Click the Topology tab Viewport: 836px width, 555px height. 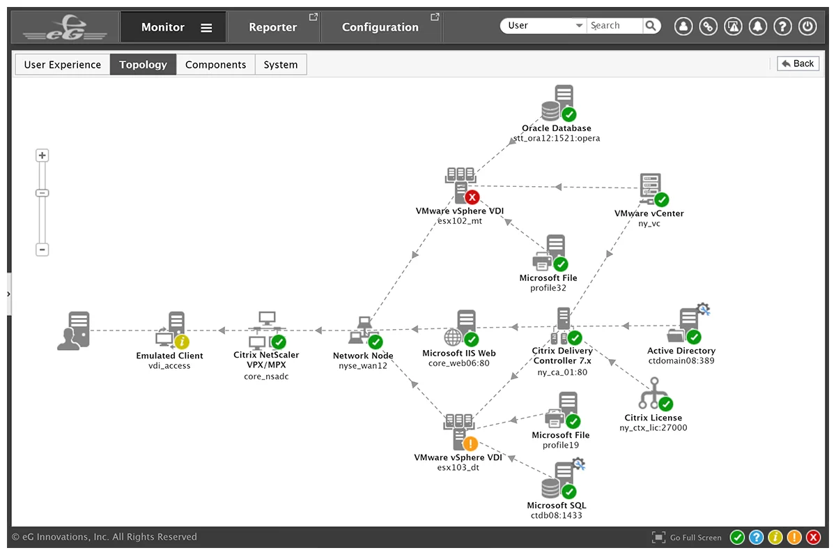pyautogui.click(x=143, y=65)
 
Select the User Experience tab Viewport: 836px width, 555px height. pyautogui.click(x=62, y=65)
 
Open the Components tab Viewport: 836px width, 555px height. pyautogui.click(x=215, y=65)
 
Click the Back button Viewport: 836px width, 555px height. pyautogui.click(x=798, y=63)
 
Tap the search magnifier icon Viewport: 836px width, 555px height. pyautogui.click(x=651, y=26)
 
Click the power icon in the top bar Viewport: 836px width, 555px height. pyautogui.click(x=807, y=26)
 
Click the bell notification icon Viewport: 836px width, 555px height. pyautogui.click(x=758, y=26)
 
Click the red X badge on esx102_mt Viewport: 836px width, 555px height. pyautogui.click(x=472, y=197)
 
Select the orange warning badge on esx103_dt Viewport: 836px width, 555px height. pyautogui.click(x=470, y=443)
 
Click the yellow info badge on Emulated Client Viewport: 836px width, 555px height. pyautogui.click(x=182, y=342)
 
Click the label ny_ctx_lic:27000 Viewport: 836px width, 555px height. pyautogui.click(x=653, y=427)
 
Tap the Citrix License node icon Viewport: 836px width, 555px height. pyautogui.click(x=655, y=394)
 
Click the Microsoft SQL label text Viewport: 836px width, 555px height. pyautogui.click(x=557, y=505)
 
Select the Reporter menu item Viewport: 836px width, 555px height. pyautogui.click(x=273, y=27)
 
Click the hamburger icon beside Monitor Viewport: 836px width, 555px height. pyautogui.click(x=206, y=28)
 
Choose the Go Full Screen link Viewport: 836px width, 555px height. pyautogui.click(x=695, y=538)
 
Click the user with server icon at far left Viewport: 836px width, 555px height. pyautogui.click(x=74, y=331)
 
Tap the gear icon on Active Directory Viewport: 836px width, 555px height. pyautogui.click(x=704, y=310)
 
